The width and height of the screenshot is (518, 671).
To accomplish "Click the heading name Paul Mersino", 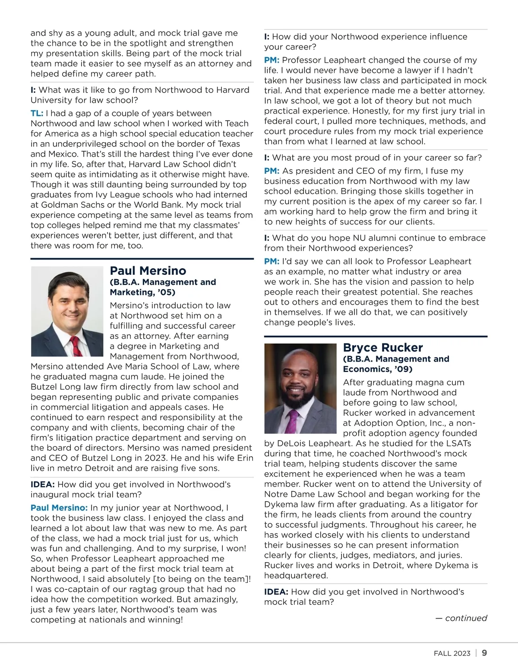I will coord(148,271).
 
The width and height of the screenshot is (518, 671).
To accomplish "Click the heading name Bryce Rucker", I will coord(382,348).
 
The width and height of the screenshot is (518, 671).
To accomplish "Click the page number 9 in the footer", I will coord(484,653).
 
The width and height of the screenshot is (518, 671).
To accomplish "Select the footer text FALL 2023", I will coord(452,653).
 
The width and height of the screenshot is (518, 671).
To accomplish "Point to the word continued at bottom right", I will coord(466,618).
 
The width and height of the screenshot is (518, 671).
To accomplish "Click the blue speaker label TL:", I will coord(37,114).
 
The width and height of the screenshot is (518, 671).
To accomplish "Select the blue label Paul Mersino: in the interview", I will coord(59,508).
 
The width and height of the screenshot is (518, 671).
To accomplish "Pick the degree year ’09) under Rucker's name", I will coord(401,369).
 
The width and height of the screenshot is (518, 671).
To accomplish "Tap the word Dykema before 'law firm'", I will coord(283,504).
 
